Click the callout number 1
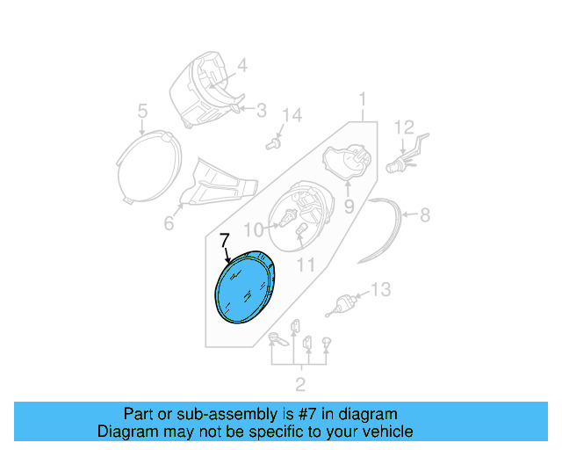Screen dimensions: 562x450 (x=361, y=98)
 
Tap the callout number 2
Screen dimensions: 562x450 (x=299, y=383)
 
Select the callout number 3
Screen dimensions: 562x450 (x=261, y=110)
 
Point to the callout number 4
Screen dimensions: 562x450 (x=241, y=64)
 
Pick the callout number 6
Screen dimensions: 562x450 (x=169, y=224)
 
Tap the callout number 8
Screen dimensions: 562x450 (x=425, y=214)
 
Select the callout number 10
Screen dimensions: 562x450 (x=253, y=230)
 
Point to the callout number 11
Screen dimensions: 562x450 (x=306, y=263)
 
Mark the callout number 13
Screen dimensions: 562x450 (x=379, y=289)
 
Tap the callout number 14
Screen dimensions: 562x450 (x=292, y=115)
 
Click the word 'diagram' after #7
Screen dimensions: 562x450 (x=371, y=414)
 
